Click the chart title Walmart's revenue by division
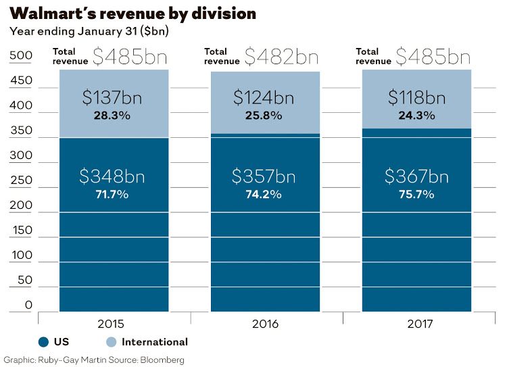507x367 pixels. tap(133, 13)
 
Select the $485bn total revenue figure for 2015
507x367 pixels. tap(130, 57)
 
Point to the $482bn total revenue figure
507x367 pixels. tap(281, 57)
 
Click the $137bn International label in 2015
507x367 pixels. tap(112, 97)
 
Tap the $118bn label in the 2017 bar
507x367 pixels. tap(416, 97)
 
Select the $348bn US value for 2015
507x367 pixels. tap(112, 177)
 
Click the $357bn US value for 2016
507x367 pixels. tap(264, 177)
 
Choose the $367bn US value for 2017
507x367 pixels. tap(416, 177)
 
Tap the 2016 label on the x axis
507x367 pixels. tap(264, 324)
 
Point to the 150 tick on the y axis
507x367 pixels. tap(20, 230)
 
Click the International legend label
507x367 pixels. tap(155, 342)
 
